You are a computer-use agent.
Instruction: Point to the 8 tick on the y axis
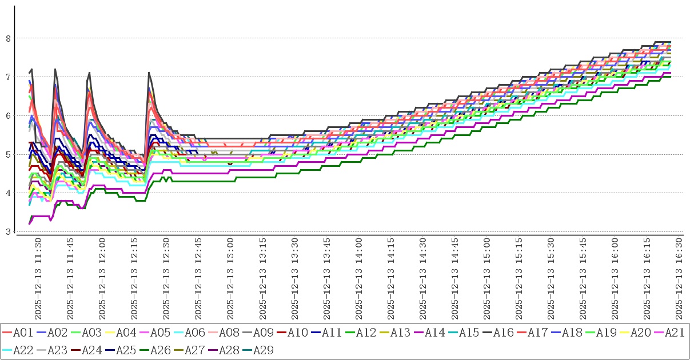(8, 38)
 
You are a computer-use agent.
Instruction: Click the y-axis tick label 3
(8, 231)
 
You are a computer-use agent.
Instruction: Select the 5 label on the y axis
(8, 154)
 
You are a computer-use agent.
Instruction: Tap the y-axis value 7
(8, 77)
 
